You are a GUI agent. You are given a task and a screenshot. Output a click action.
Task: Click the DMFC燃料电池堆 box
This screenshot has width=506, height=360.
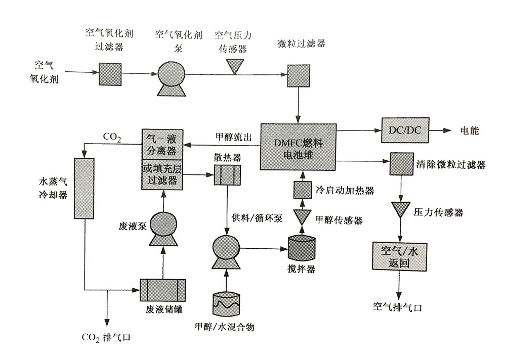click(x=299, y=146)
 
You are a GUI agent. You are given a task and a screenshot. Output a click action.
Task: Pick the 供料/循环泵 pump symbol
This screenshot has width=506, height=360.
click(x=225, y=249)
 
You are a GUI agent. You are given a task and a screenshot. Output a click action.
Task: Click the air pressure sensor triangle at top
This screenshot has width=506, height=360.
click(x=234, y=66)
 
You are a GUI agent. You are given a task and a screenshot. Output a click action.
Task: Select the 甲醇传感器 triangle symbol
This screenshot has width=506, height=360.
click(x=303, y=217)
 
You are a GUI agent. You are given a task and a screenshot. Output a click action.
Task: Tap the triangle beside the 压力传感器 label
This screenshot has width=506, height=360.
click(x=401, y=209)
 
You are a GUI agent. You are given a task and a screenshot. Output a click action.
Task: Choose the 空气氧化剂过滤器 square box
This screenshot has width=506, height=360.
click(x=110, y=74)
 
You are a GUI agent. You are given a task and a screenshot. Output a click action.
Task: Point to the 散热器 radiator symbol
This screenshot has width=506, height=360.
click(x=227, y=174)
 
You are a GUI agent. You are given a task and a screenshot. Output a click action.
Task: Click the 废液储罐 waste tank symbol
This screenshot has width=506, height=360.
click(x=163, y=290)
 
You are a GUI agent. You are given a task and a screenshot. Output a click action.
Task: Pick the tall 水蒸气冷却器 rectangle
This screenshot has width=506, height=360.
click(x=84, y=188)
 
